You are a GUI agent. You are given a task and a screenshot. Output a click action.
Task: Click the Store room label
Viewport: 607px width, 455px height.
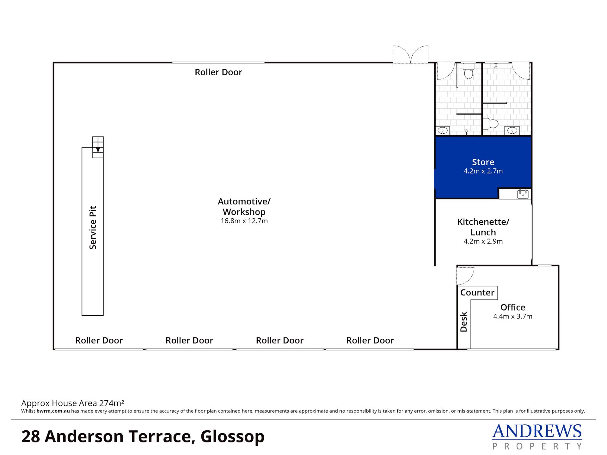tap(483, 162)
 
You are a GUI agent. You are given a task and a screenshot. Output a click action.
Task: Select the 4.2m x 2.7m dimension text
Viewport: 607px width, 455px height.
tap(483, 171)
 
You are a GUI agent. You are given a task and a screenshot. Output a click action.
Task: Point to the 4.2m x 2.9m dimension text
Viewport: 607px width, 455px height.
tap(483, 241)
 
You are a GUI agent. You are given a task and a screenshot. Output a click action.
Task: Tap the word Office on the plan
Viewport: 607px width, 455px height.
tap(513, 307)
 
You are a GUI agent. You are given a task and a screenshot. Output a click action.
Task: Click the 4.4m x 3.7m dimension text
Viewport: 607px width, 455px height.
tap(513, 316)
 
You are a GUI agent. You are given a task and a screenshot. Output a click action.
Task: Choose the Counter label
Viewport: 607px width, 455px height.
tap(477, 293)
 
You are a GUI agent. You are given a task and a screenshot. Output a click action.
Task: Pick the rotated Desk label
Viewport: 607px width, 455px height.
tap(464, 322)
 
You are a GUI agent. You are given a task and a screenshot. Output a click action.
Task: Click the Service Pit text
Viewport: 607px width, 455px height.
tap(93, 227)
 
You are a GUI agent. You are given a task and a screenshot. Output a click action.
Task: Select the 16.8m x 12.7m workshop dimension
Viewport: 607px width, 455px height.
tap(244, 221)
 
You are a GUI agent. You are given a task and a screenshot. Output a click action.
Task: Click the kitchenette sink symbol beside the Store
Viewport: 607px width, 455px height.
tap(523, 194)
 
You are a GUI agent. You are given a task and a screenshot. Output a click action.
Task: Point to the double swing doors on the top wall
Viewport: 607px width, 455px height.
tap(411, 54)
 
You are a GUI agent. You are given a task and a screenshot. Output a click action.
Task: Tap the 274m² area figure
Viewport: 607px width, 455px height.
tap(112, 403)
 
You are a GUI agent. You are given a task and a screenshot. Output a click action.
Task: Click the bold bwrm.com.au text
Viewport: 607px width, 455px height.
tap(53, 411)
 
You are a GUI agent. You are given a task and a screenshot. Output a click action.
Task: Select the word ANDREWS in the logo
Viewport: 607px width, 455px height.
tap(537, 431)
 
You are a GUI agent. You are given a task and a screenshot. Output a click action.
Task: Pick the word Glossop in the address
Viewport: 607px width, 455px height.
tap(232, 437)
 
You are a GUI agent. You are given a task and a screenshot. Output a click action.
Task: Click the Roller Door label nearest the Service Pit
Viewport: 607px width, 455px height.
tap(99, 340)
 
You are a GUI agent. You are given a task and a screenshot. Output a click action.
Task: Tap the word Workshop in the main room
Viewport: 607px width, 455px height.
tap(244, 212)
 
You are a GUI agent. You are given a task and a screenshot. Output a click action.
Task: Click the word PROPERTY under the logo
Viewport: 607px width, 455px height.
tap(537, 446)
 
